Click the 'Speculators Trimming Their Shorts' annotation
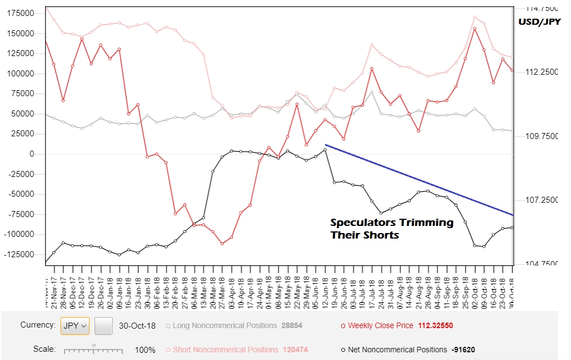coord(391,229)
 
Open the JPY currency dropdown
coord(75,325)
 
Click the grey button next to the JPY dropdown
coord(103,326)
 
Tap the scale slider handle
coord(93,346)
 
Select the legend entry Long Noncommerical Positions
coord(224,325)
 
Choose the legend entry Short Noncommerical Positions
coord(225,350)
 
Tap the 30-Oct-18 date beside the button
coord(137,325)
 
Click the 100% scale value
coord(145,350)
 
